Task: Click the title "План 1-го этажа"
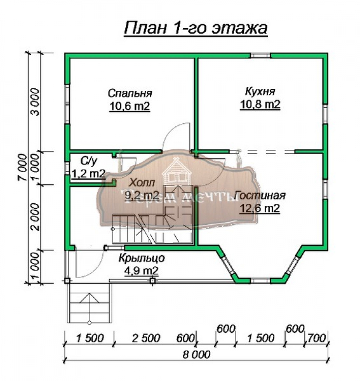(196, 29)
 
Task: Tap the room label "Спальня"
(130, 93)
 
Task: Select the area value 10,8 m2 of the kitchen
(260, 104)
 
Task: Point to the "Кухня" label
(260, 92)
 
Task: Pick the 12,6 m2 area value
(260, 208)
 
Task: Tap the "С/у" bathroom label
(89, 161)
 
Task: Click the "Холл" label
(142, 182)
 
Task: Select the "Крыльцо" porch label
(142, 258)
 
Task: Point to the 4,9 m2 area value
(142, 270)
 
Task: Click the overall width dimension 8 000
(196, 354)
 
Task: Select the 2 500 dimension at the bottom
(146, 338)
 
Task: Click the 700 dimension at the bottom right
(316, 338)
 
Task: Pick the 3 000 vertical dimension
(35, 102)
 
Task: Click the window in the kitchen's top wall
(261, 56)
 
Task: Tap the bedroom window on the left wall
(67, 104)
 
